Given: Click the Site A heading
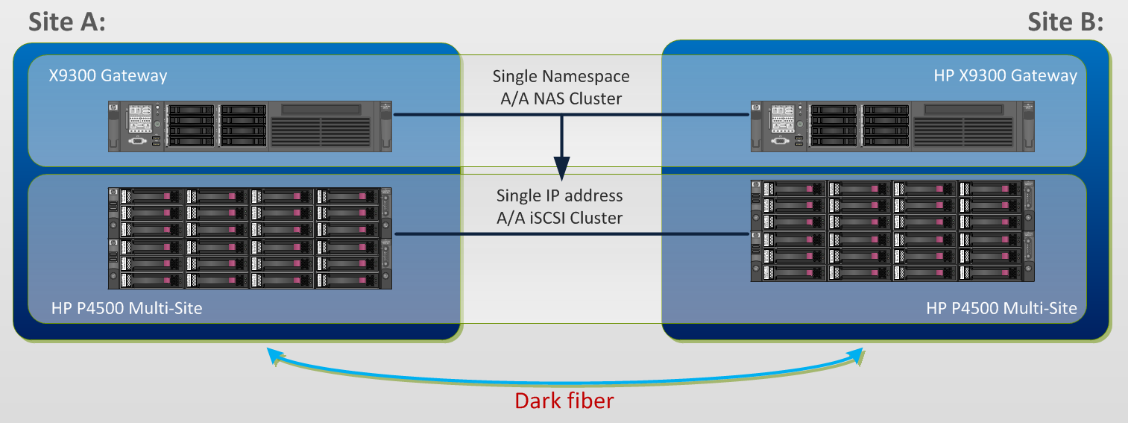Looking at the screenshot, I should click(x=67, y=22).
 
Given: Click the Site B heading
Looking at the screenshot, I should click(x=1065, y=22).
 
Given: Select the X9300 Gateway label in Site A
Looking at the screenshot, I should click(x=108, y=75).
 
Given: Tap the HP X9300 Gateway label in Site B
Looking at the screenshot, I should click(x=1005, y=75).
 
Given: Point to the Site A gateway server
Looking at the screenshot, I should click(x=250, y=125).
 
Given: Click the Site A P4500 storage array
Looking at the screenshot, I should click(x=250, y=238).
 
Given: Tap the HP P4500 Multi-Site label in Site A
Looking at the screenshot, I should click(x=127, y=308).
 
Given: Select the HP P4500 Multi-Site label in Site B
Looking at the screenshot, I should click(x=1001, y=308).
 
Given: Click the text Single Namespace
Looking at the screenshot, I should click(x=561, y=76).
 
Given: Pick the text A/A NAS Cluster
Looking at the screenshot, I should click(x=561, y=98).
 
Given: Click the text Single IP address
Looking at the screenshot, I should click(x=561, y=196).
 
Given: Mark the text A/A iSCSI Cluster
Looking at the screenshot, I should click(x=561, y=218).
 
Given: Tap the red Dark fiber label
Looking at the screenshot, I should click(x=564, y=401).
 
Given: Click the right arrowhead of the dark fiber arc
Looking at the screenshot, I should click(x=857, y=357).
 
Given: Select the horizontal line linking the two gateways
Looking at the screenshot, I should click(x=477, y=116).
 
